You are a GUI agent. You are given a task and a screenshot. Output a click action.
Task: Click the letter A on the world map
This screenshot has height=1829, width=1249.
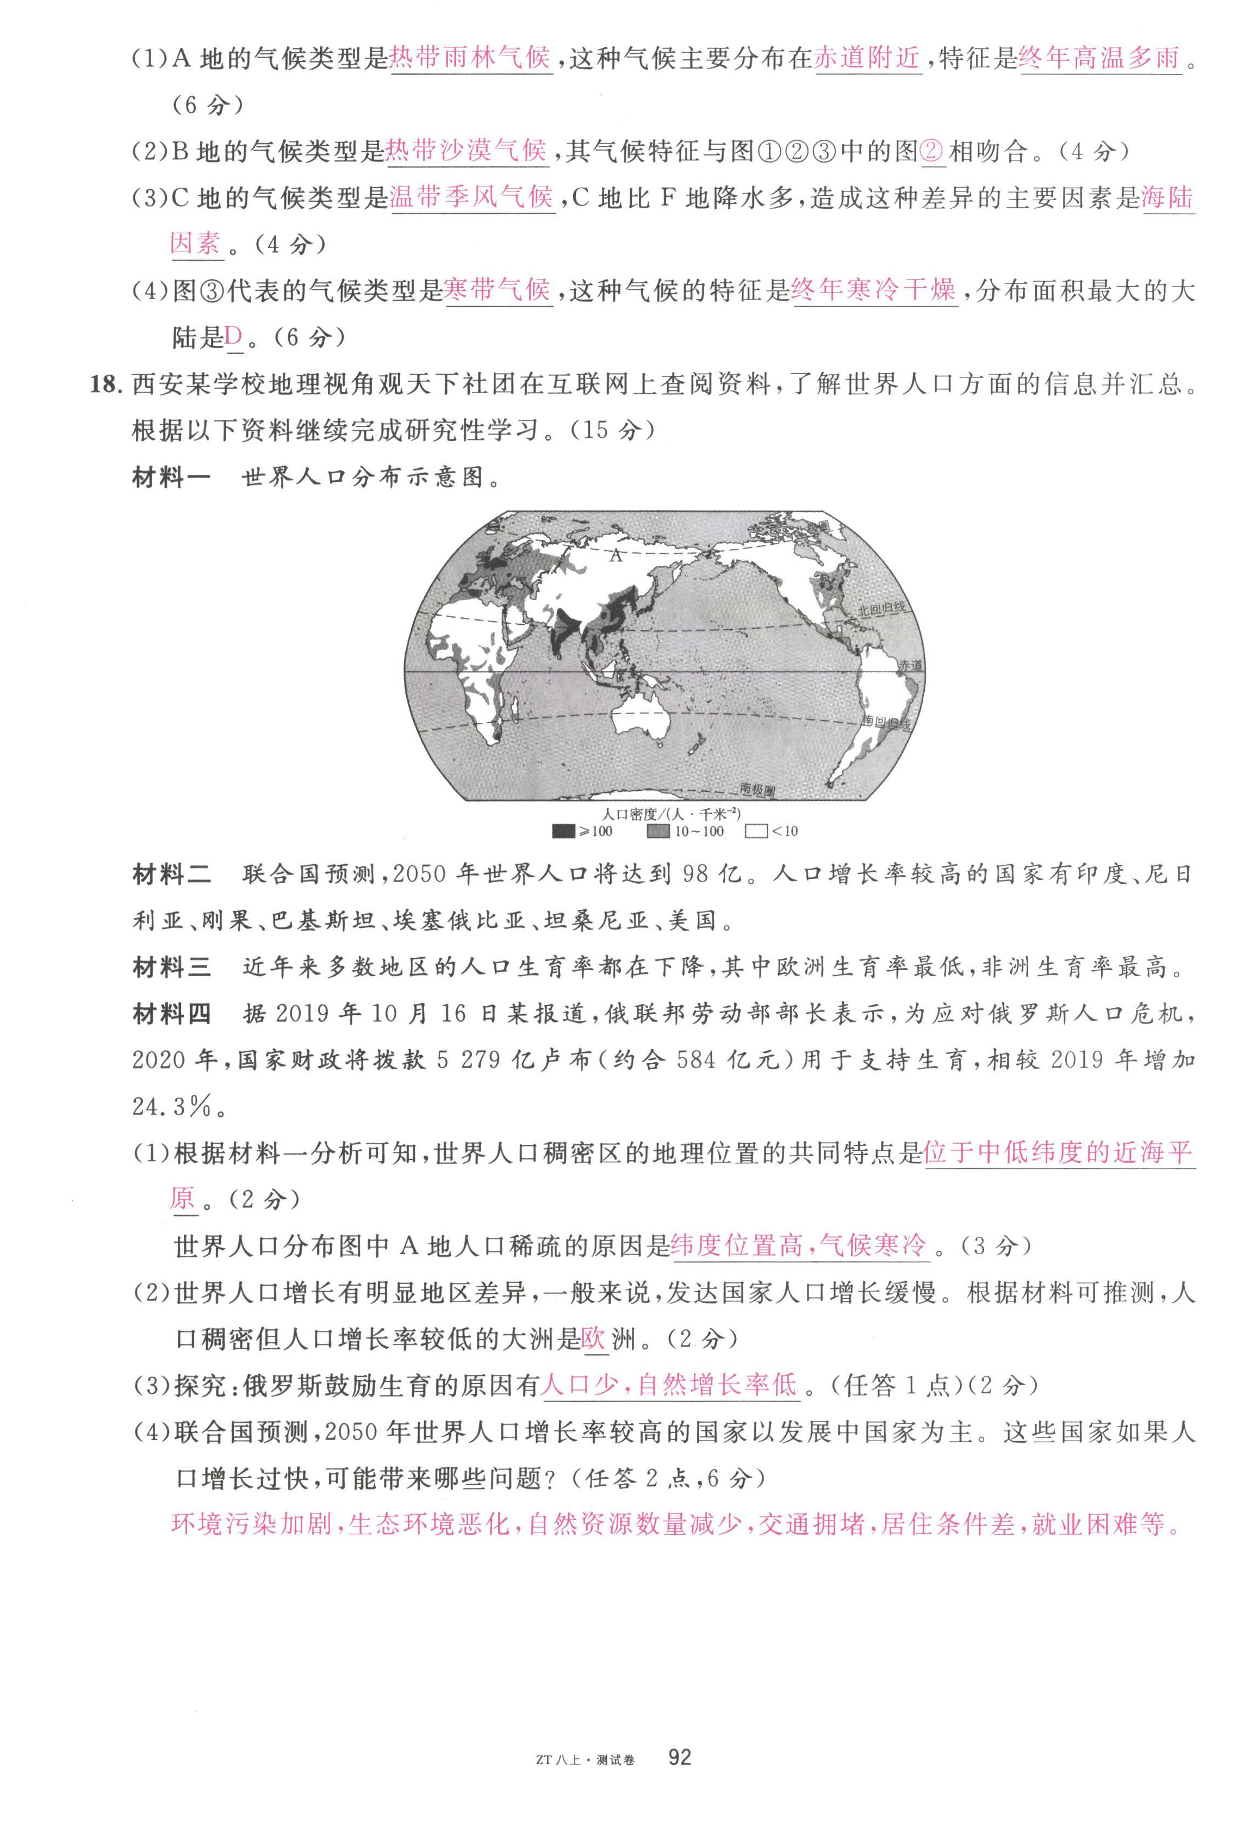(616, 556)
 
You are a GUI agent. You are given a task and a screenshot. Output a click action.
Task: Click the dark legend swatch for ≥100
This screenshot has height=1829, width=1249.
(563, 831)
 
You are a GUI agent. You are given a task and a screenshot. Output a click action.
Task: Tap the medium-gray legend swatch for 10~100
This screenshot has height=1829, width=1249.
(658, 831)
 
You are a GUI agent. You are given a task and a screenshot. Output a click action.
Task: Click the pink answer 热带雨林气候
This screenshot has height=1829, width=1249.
(470, 58)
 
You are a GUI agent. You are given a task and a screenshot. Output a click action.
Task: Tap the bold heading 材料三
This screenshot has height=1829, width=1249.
(172, 967)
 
